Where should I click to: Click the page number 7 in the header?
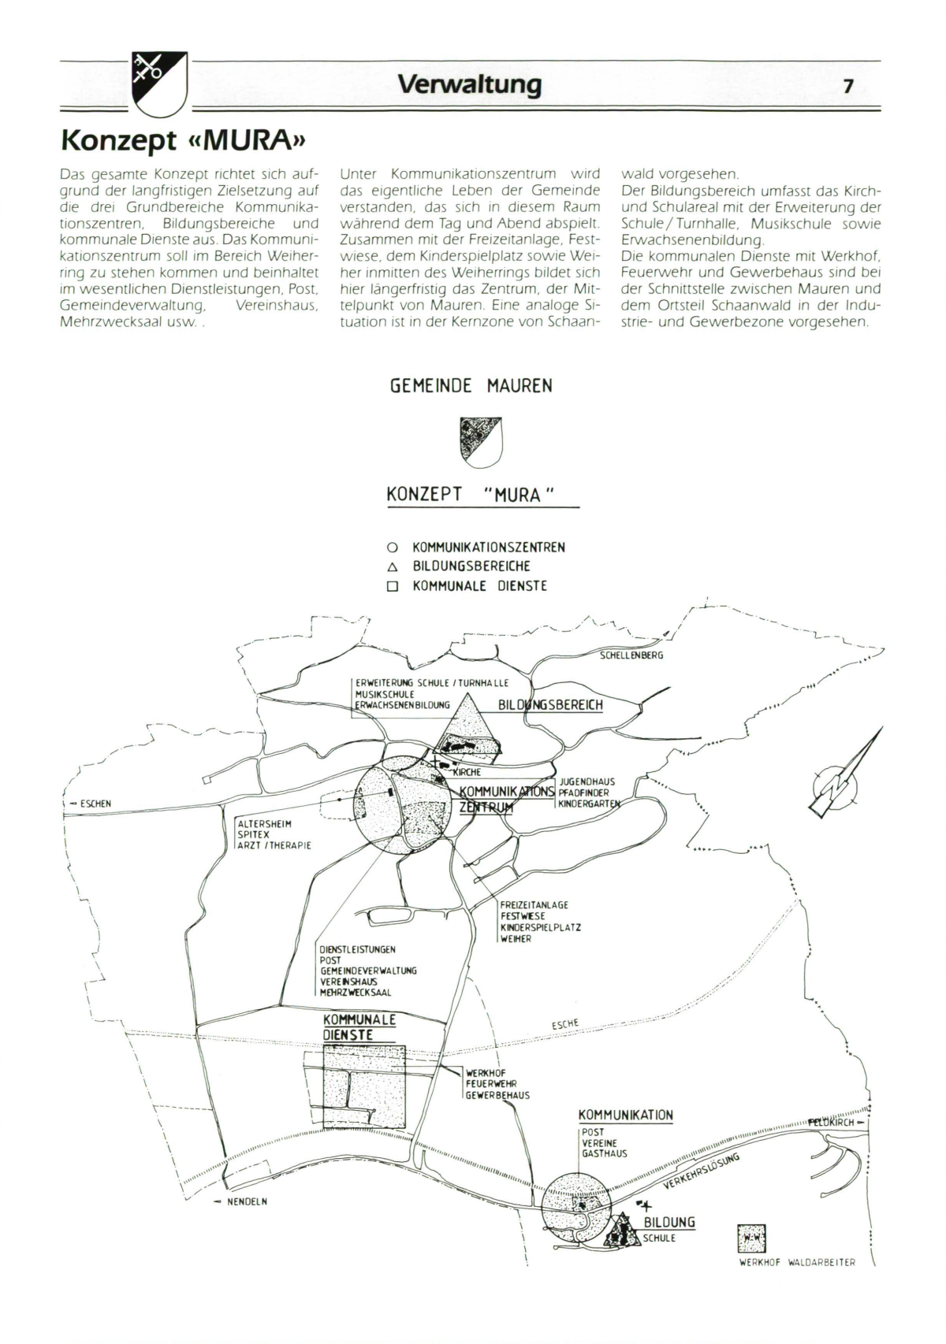847,86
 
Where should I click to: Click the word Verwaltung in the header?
470,84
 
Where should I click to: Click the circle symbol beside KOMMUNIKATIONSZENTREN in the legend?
392,548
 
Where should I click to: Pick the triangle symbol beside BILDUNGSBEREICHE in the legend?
392,566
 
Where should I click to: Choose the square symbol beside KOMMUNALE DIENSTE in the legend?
392,587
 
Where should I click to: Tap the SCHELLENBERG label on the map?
631,655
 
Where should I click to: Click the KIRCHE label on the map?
467,773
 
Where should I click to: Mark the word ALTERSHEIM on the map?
264,824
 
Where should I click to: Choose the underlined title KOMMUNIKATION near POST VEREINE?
625,1116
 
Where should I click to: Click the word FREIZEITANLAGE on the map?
534,905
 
